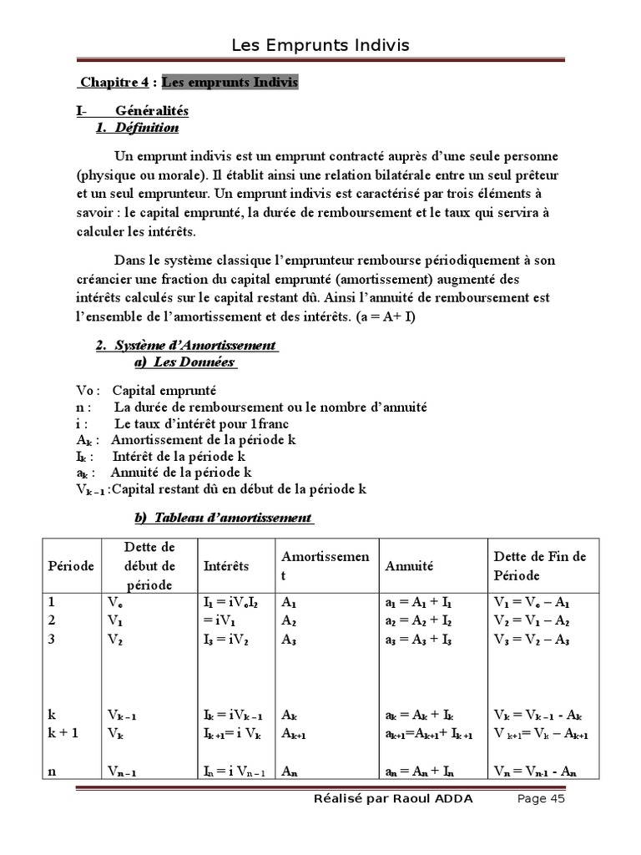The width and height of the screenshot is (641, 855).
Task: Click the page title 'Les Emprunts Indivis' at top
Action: coord(320,45)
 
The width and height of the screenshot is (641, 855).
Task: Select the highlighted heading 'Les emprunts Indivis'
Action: coord(229,83)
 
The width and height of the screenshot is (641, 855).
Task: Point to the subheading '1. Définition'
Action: coord(137,128)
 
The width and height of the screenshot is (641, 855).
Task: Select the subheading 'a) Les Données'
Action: coord(184,362)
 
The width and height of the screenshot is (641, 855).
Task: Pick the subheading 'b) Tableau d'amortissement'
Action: coord(224,518)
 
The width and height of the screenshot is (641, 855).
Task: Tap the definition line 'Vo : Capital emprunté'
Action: coord(146,390)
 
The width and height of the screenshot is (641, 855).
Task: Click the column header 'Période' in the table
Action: coord(70,566)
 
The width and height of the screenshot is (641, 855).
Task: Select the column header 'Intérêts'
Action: coord(226,566)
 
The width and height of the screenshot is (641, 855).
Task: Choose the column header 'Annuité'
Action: coord(409,566)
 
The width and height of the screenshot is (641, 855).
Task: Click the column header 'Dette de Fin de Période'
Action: coord(540,566)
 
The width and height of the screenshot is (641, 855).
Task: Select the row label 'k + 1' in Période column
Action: coord(63,733)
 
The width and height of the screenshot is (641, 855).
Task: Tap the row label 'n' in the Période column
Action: coord(52,772)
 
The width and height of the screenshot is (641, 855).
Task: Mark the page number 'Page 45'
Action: coord(541,799)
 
